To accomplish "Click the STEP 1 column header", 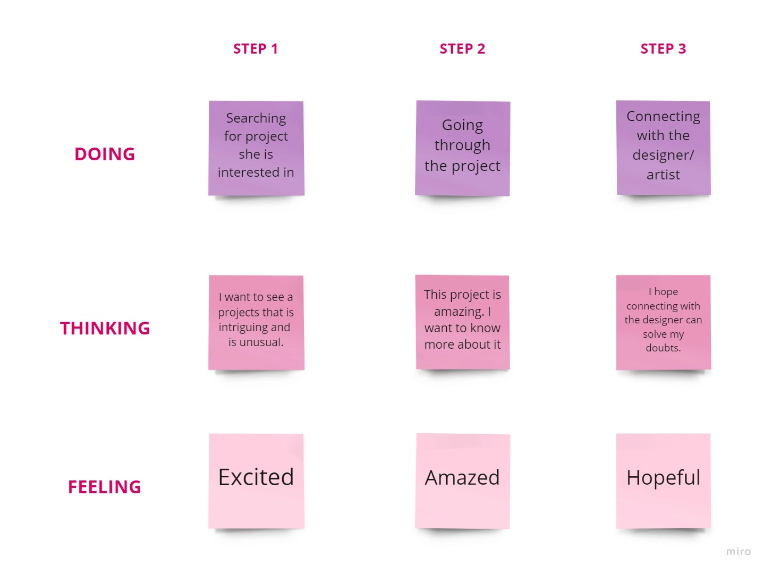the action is tap(255, 49).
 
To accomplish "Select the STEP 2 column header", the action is tap(462, 49).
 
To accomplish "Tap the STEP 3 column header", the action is tap(663, 49).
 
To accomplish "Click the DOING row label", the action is tap(105, 154).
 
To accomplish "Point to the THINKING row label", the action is tap(105, 328).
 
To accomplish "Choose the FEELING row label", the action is tap(104, 487).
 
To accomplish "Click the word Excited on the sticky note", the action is tap(256, 477).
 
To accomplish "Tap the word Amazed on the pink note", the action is tap(462, 478).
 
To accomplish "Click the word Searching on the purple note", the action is tap(256, 119).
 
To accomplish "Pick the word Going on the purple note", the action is tap(462, 126).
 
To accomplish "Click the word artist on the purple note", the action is tap(663, 175).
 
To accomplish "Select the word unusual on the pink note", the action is tap(261, 342).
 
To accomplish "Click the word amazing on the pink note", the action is tap(459, 312).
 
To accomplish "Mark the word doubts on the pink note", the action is tap(663, 348).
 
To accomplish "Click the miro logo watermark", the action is tap(739, 551).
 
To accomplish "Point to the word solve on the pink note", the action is tap(655, 334).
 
